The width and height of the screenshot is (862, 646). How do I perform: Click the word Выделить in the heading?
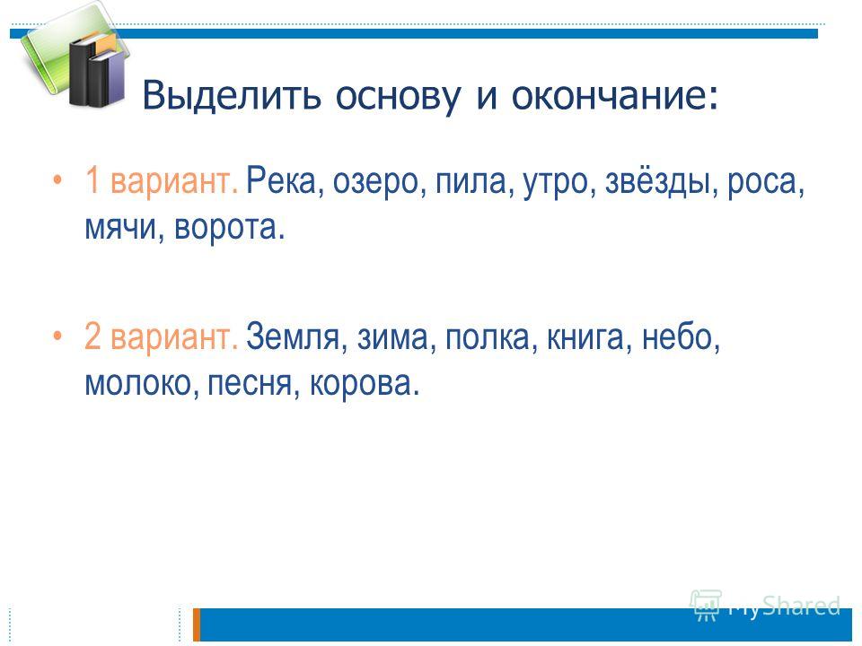(231, 94)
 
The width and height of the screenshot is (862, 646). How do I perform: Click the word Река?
(280, 180)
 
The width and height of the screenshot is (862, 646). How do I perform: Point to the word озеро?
(375, 182)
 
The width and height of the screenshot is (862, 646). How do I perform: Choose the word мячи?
(119, 226)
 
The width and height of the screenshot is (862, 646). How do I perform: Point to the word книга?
(585, 336)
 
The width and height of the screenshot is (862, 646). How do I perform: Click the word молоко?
(136, 382)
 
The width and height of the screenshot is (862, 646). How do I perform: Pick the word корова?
(359, 383)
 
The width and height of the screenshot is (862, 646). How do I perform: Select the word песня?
(249, 382)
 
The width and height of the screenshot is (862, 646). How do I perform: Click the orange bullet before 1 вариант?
(57, 179)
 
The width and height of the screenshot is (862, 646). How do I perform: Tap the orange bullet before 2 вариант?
(57, 335)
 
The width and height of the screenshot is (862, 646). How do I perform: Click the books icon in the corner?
(75, 55)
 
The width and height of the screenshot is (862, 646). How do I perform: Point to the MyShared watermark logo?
(765, 606)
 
